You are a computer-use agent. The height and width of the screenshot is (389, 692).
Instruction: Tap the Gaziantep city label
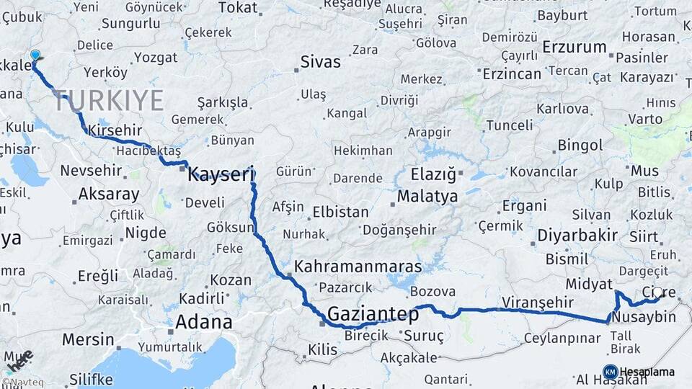pyautogui.click(x=373, y=314)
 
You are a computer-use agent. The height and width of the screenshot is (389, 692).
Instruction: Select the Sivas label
pyautogui.click(x=320, y=61)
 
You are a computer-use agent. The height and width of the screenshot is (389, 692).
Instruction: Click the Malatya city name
pyautogui.click(x=427, y=196)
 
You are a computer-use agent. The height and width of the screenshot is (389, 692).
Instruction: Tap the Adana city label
pyautogui.click(x=204, y=321)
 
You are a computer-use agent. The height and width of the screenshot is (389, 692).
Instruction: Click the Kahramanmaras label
pyautogui.click(x=358, y=265)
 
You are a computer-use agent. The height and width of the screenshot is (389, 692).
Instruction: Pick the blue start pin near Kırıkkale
pyautogui.click(x=35, y=55)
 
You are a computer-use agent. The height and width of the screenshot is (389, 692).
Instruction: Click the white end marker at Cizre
pyautogui.click(x=657, y=292)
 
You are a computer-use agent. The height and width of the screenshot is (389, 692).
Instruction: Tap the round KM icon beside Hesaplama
pyautogui.click(x=610, y=372)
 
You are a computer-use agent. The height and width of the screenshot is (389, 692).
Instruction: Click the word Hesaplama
pyautogui.click(x=647, y=372)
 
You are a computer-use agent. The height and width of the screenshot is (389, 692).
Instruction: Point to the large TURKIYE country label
pyautogui.click(x=108, y=101)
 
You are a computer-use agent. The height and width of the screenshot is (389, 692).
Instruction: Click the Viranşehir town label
pyautogui.click(x=537, y=302)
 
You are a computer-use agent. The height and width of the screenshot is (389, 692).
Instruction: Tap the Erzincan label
pyautogui.click(x=512, y=73)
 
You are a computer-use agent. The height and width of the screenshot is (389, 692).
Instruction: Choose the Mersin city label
pyautogui.click(x=88, y=339)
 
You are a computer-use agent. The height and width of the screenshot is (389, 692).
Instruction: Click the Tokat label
pyautogui.click(x=237, y=7)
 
